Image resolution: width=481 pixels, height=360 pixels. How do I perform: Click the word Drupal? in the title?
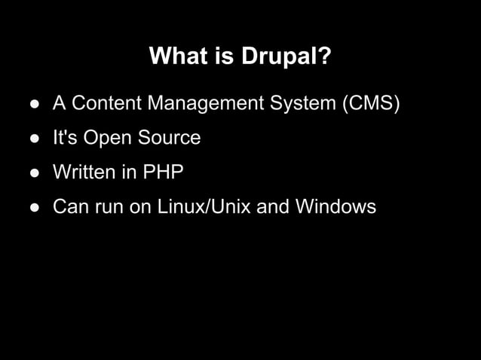[286, 57]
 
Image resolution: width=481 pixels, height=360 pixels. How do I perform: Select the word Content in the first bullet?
[105, 103]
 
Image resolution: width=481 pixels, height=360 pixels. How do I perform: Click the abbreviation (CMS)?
[371, 103]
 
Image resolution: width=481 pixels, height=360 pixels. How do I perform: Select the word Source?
[170, 138]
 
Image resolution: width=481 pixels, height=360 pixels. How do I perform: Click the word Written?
[84, 172]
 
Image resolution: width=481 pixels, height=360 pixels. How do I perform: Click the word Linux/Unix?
[204, 206]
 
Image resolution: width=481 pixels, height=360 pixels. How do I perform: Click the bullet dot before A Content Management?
[35, 104]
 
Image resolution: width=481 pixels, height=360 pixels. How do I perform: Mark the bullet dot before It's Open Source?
[35, 139]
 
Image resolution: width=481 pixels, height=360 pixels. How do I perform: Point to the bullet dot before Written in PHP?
[35, 173]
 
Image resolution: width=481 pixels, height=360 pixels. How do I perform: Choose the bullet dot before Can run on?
[35, 207]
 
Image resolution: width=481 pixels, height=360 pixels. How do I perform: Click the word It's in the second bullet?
[65, 138]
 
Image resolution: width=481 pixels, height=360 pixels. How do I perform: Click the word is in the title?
[223, 56]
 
